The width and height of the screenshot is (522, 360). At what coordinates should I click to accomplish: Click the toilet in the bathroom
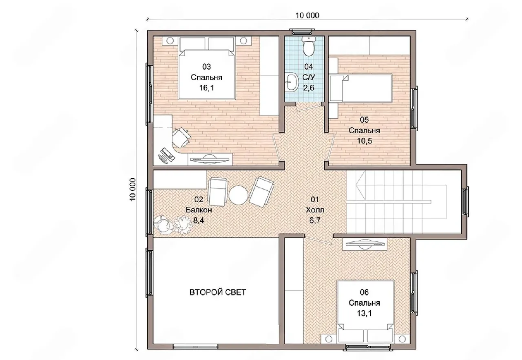click(x=309, y=46)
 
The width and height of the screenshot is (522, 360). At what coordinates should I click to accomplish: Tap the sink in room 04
click(x=292, y=82)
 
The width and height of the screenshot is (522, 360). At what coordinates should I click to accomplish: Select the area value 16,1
click(x=206, y=88)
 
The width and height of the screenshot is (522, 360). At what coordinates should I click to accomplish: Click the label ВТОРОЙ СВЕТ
click(x=218, y=292)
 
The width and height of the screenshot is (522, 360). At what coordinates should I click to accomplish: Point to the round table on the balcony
click(x=238, y=195)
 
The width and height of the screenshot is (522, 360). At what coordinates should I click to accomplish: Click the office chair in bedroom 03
click(x=181, y=137)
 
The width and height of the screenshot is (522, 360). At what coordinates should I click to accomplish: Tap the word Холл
click(x=315, y=210)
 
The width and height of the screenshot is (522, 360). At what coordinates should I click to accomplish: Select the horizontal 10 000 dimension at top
click(x=307, y=15)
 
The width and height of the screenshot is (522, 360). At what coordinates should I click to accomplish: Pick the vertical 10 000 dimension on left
click(x=133, y=190)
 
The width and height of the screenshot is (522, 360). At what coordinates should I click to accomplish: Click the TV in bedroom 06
click(x=365, y=244)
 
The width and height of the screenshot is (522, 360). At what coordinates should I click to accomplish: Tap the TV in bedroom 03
click(x=209, y=159)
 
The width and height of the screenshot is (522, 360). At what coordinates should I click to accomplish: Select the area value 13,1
click(x=364, y=314)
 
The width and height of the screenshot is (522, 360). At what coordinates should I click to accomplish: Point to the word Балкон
click(x=199, y=210)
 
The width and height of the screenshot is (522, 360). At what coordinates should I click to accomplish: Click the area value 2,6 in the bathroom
click(x=309, y=88)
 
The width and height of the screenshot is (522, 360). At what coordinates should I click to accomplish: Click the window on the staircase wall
click(x=465, y=202)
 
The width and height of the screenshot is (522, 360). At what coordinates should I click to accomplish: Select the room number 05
click(x=364, y=120)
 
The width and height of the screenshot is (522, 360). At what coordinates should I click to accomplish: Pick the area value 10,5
click(x=365, y=141)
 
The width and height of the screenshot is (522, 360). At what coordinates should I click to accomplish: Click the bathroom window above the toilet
click(x=301, y=31)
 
